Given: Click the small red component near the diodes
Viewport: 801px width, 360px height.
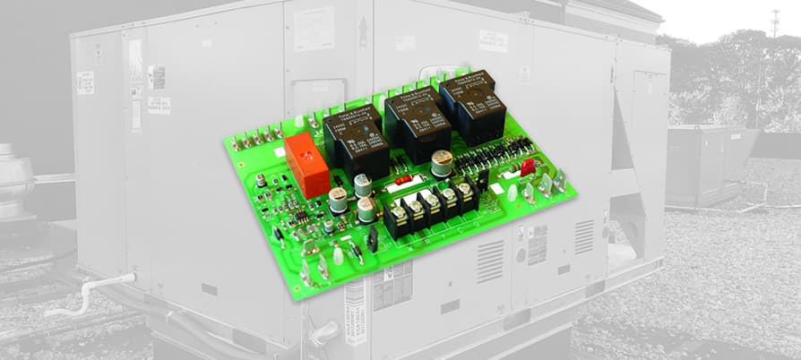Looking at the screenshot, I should point(527,166).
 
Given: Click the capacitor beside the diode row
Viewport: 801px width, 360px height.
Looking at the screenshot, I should point(442,161).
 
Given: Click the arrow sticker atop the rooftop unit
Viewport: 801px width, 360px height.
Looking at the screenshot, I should point(362,31).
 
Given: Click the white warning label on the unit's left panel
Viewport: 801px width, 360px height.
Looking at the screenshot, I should point(85,83).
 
